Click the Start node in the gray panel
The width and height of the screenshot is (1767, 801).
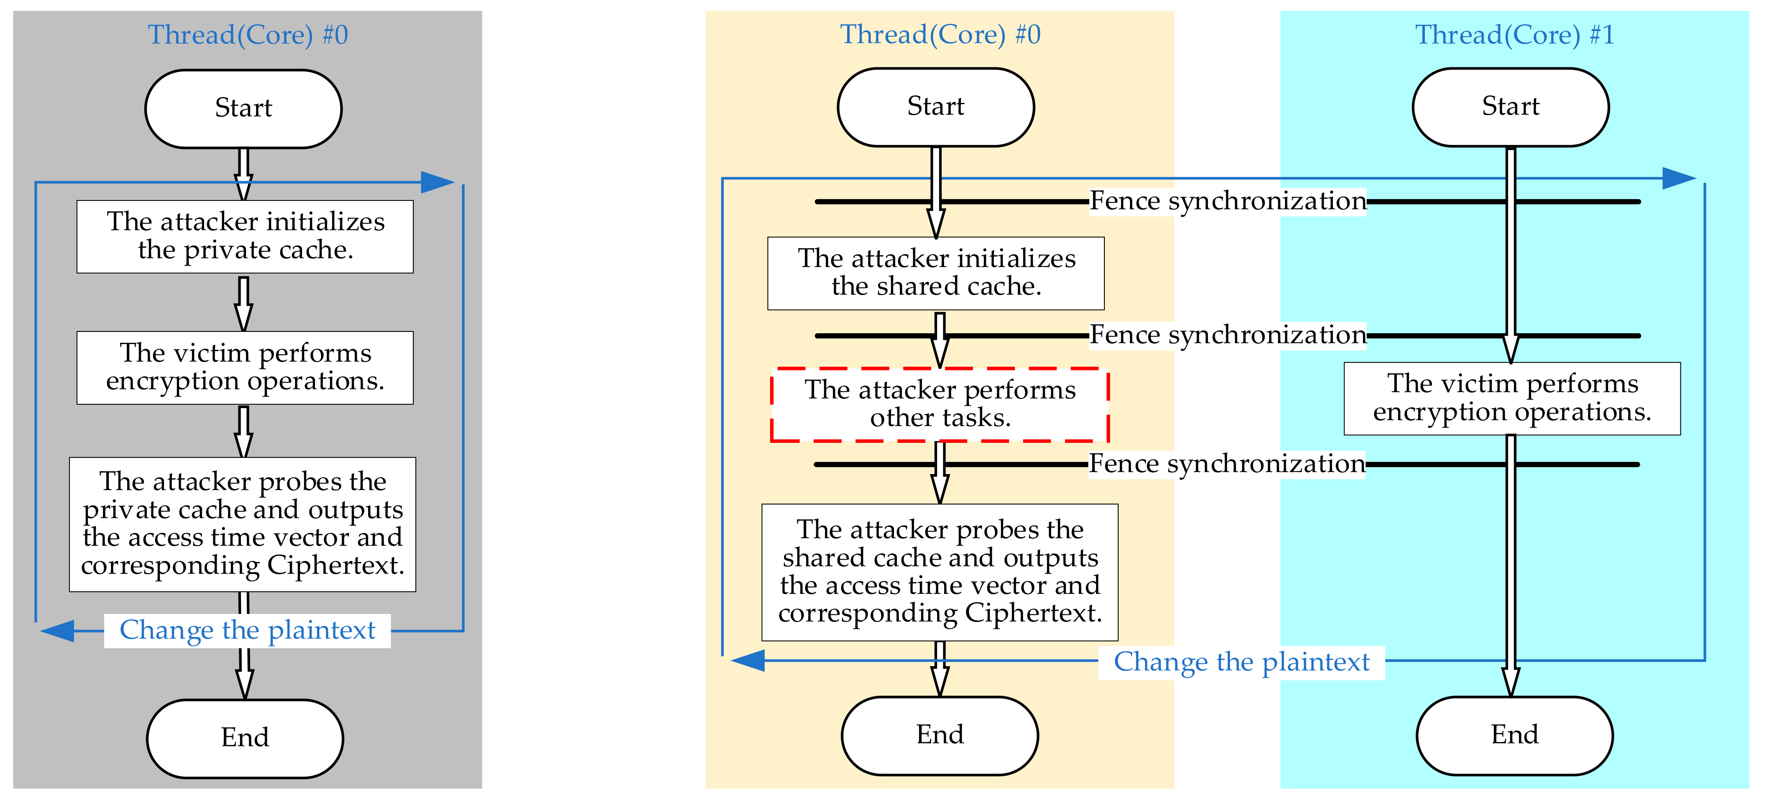(243, 108)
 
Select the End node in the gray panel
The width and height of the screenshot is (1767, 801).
(245, 738)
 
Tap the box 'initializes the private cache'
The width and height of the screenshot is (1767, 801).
(245, 236)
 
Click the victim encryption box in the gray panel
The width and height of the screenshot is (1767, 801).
(245, 367)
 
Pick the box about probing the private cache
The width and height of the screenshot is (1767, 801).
(243, 524)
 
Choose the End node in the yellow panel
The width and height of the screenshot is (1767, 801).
(940, 735)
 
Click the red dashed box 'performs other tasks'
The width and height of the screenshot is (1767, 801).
(940, 404)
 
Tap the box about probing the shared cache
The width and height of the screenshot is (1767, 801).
(940, 572)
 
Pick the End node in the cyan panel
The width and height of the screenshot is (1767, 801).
(1515, 735)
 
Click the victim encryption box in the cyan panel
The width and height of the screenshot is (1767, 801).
(1512, 398)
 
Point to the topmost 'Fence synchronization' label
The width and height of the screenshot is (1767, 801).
(1228, 202)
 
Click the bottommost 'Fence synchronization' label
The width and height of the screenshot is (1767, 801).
(1227, 465)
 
